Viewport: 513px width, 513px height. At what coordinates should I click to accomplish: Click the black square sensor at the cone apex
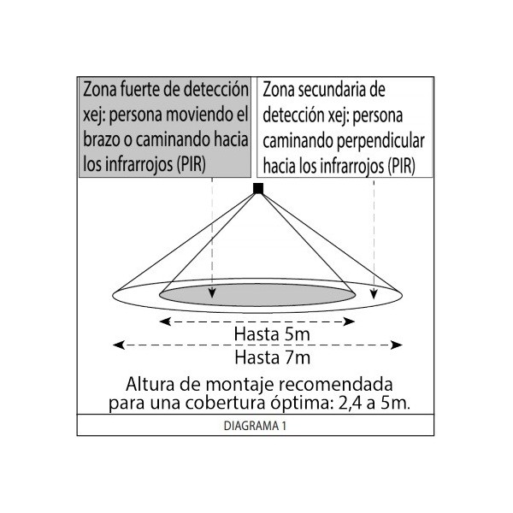258,188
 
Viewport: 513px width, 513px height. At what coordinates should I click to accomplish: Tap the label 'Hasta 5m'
272,334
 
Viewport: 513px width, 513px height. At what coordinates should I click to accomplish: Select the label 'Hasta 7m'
272,357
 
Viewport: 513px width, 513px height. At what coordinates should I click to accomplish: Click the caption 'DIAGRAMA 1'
255,426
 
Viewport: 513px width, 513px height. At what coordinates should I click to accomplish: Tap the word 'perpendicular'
380,142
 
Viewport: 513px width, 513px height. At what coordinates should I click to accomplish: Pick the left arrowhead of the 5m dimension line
165,321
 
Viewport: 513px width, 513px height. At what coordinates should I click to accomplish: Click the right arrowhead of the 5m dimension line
349,321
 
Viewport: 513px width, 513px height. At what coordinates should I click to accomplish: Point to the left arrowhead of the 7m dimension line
119,345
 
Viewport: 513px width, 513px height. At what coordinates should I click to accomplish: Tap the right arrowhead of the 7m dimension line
396,345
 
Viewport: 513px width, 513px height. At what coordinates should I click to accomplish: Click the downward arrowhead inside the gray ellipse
212,293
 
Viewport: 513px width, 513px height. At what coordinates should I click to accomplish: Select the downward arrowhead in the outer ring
374,294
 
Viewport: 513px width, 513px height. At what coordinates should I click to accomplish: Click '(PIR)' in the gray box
191,164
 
